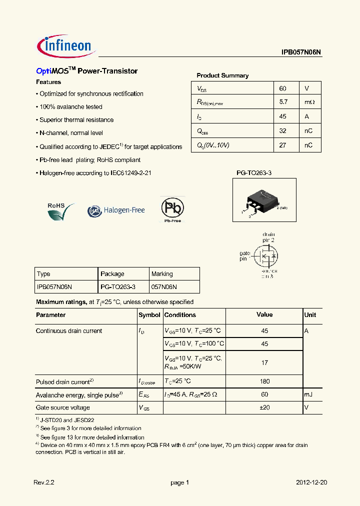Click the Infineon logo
click(65, 46)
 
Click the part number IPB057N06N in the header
click(301, 52)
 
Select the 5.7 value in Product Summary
click(283, 102)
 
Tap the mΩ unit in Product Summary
click(310, 102)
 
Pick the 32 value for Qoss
click(283, 130)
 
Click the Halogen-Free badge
click(116, 210)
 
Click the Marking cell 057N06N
click(164, 287)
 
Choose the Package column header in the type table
click(112, 274)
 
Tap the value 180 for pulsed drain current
click(264, 381)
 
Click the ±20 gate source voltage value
click(264, 407)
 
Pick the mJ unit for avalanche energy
click(308, 394)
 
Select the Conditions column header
click(180, 315)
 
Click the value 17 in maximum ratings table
click(264, 363)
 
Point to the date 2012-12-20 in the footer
click(311, 482)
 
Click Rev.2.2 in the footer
click(43, 482)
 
